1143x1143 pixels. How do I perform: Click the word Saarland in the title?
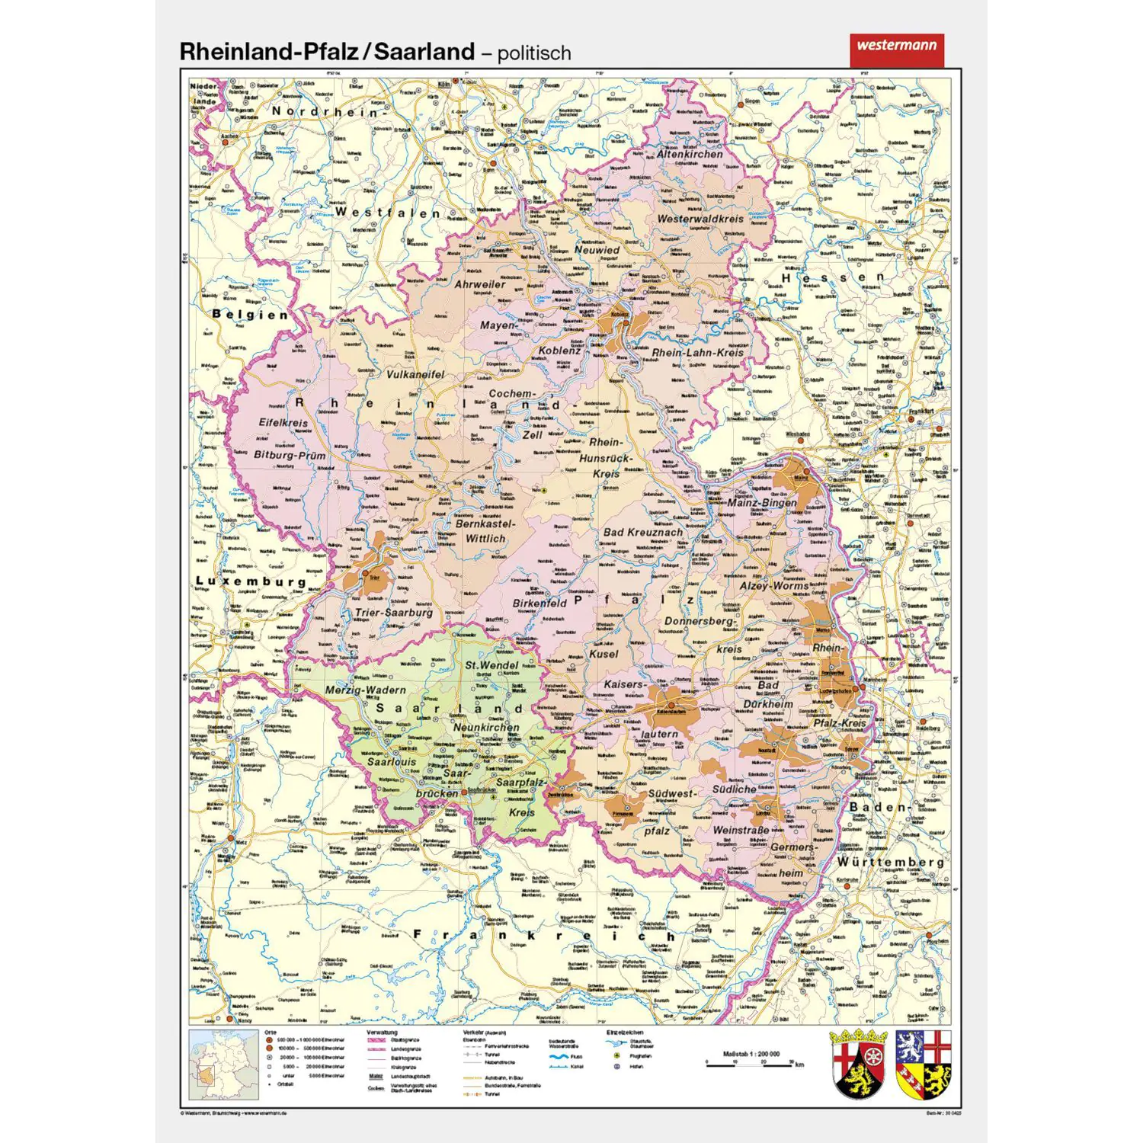(424, 52)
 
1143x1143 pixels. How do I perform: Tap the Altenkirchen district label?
(690, 154)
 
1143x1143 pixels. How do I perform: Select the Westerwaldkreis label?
(700, 219)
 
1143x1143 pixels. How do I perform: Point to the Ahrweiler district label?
(480, 284)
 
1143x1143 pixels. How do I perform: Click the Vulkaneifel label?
(415, 374)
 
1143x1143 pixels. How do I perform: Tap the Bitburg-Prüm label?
(290, 455)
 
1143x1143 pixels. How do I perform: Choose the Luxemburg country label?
(251, 581)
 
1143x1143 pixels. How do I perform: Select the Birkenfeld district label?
(539, 603)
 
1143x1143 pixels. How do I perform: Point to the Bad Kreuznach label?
(643, 532)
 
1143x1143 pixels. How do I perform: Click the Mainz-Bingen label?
(762, 503)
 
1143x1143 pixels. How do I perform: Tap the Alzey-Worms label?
(774, 586)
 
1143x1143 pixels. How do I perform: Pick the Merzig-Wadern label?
(366, 690)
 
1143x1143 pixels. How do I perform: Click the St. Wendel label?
(491, 664)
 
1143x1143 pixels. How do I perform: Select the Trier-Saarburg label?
(393, 612)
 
